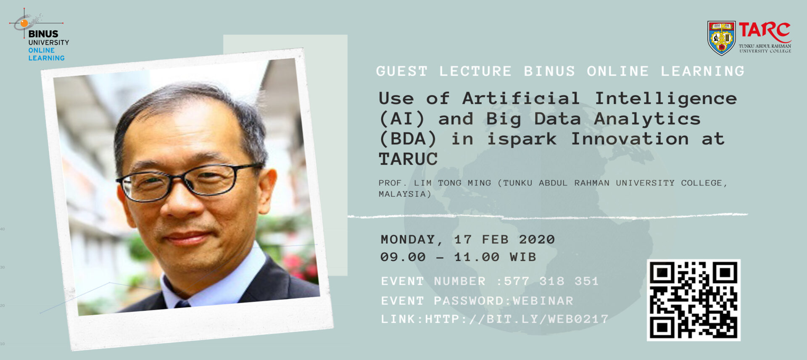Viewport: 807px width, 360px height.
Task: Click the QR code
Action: click(694, 300)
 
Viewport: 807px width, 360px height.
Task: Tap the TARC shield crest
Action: click(721, 38)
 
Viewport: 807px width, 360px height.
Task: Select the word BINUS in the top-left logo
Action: click(43, 34)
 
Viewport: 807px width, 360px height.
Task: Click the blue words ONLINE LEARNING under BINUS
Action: click(46, 54)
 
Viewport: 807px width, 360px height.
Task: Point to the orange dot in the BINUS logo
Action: click(24, 23)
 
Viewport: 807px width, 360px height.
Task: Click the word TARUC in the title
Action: click(408, 159)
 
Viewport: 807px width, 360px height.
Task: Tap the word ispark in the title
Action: click(522, 139)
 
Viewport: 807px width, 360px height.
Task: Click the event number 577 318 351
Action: click(551, 281)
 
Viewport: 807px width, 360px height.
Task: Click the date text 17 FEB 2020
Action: click(504, 239)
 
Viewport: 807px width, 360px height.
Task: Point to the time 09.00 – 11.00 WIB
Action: click(458, 257)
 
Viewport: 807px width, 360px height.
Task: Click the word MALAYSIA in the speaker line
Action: click(402, 194)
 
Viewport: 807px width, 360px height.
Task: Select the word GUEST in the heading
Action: click(402, 71)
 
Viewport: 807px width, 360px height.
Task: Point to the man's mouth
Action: click(187, 238)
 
